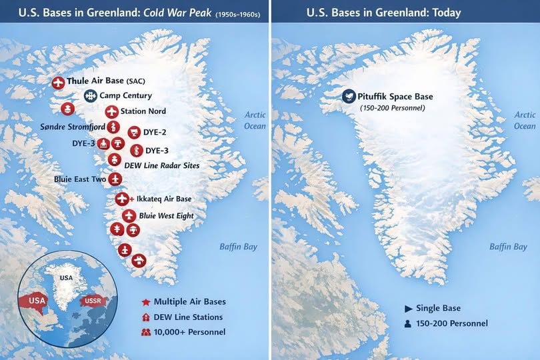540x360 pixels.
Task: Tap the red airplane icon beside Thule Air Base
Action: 59,83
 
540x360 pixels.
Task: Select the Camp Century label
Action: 125,96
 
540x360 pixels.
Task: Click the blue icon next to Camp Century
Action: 90,96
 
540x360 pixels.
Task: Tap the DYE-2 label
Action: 155,132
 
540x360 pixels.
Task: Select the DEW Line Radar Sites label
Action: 162,165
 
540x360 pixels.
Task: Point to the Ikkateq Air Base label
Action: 163,199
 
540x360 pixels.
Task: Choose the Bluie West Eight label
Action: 166,216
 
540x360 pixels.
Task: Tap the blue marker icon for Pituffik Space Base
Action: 348,97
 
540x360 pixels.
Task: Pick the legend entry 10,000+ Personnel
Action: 189,332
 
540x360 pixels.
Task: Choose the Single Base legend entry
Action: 438,309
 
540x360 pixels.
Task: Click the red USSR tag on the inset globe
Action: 92,301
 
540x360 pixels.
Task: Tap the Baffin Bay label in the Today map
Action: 508,247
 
